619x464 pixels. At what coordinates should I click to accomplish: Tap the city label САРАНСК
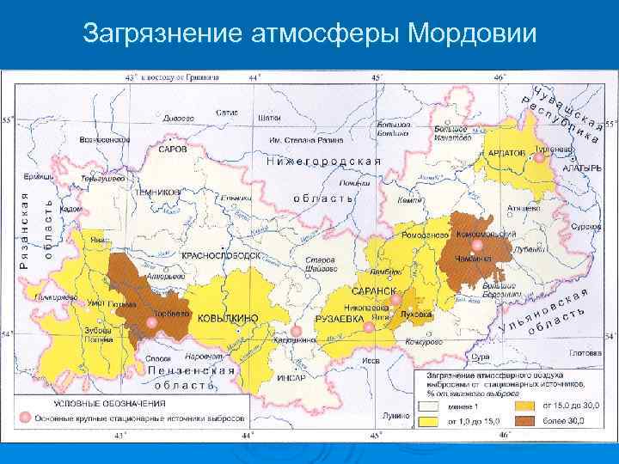click(x=376, y=291)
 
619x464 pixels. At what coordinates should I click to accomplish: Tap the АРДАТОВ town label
click(x=506, y=152)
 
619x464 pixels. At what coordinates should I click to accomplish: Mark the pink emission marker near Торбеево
click(x=151, y=322)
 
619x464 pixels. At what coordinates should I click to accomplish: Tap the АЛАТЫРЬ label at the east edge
click(x=582, y=168)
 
